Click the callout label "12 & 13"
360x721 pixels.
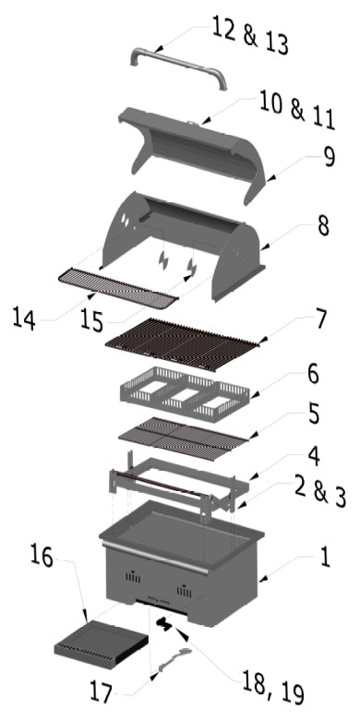point(250,34)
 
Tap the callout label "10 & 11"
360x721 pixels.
point(297,110)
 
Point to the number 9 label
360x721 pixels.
point(329,157)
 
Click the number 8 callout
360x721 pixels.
point(324,226)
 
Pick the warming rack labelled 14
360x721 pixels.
point(118,288)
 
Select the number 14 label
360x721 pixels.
point(23,318)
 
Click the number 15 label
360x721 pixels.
point(91,319)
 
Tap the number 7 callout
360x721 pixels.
point(320,318)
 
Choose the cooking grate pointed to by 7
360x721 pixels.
point(182,344)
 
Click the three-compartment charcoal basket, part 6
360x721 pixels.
point(185,393)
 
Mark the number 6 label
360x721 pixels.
point(313,375)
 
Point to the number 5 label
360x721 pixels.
point(314,415)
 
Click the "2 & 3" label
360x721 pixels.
point(320,493)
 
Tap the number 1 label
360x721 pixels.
point(325,557)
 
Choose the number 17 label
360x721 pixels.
point(101,691)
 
